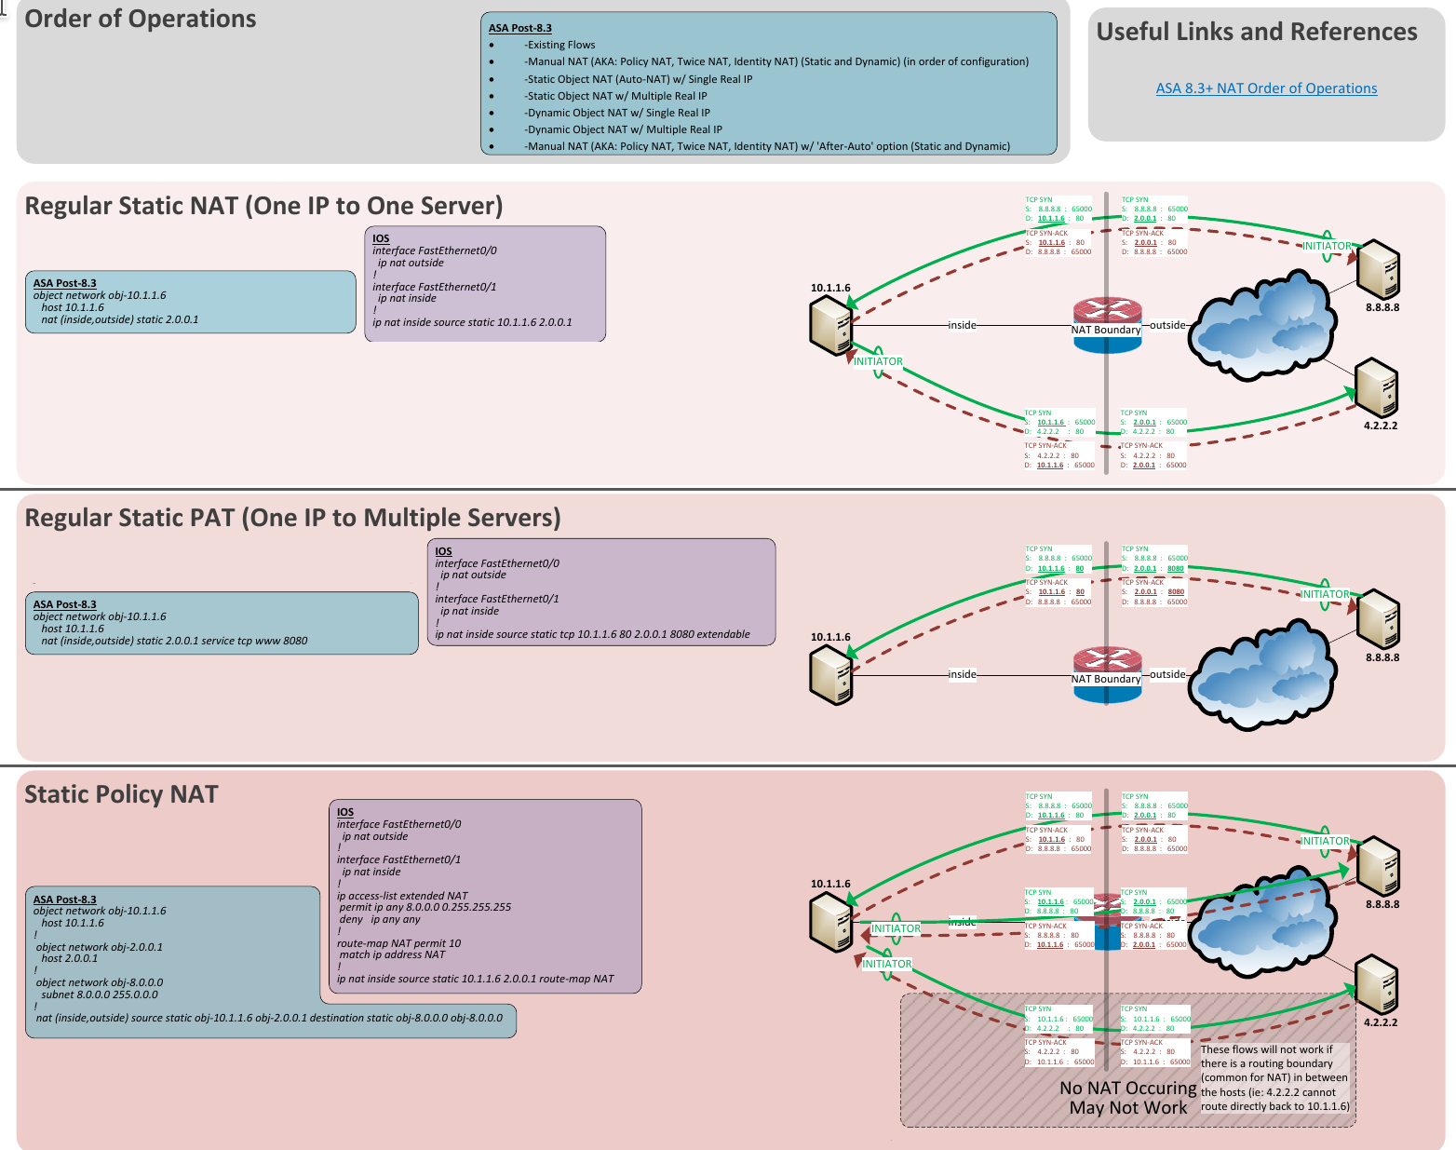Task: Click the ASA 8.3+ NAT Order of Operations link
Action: pyautogui.click(x=1266, y=88)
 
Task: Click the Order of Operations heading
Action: pyautogui.click(x=141, y=20)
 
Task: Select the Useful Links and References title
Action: pyautogui.click(x=1256, y=32)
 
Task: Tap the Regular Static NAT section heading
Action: pyautogui.click(x=263, y=206)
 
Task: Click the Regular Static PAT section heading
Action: pyautogui.click(x=292, y=518)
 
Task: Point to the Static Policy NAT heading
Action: pyautogui.click(x=121, y=794)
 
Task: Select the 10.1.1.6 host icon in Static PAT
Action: pyautogui.click(x=831, y=675)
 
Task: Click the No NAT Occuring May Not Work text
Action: pyautogui.click(x=1128, y=1098)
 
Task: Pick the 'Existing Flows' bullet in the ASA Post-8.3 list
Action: pyautogui.click(x=560, y=45)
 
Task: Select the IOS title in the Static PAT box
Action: pyautogui.click(x=443, y=551)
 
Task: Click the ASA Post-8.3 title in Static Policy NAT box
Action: pyautogui.click(x=65, y=900)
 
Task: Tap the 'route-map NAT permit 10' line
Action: pyautogui.click(x=399, y=943)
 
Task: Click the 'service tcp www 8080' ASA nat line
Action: pyautogui.click(x=174, y=641)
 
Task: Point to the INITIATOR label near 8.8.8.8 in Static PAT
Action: pyautogui.click(x=1324, y=594)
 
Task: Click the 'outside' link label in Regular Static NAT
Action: pyautogui.click(x=1167, y=325)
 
